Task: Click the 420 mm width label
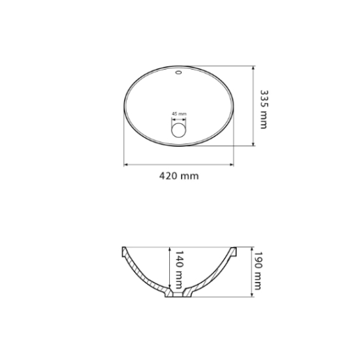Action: (x=179, y=176)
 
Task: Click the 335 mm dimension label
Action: (x=263, y=109)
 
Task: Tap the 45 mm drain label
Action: (x=179, y=113)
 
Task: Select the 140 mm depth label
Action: (x=178, y=269)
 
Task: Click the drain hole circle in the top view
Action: (x=179, y=130)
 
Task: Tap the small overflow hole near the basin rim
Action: (x=178, y=72)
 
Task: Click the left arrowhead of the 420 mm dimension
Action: (x=125, y=165)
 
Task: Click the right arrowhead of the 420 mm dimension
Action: (x=231, y=165)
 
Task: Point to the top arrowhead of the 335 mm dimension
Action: (x=253, y=68)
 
